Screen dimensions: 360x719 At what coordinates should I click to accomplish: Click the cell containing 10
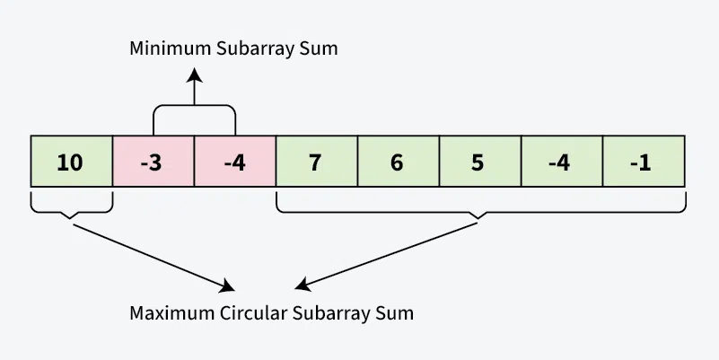pyautogui.click(x=71, y=162)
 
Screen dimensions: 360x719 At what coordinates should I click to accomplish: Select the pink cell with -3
pyautogui.click(x=153, y=162)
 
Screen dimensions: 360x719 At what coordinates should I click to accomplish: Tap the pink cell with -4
pyautogui.click(x=235, y=162)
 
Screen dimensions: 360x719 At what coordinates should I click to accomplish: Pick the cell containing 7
pyautogui.click(x=317, y=162)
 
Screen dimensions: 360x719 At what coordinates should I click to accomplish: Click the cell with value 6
pyautogui.click(x=399, y=162)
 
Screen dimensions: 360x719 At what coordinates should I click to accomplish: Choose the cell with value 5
pyautogui.click(x=480, y=162)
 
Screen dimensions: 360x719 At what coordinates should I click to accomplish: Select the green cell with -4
pyautogui.click(x=562, y=162)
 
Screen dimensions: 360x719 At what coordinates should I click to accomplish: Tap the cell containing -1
pyautogui.click(x=644, y=162)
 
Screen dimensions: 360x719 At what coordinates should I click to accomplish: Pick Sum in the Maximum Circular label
pyautogui.click(x=397, y=314)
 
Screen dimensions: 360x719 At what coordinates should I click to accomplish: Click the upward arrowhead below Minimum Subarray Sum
pyautogui.click(x=194, y=71)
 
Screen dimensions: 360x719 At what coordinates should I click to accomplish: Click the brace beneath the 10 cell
pyautogui.click(x=72, y=208)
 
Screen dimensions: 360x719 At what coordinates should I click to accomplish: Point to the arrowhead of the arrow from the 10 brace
pyautogui.click(x=228, y=287)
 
